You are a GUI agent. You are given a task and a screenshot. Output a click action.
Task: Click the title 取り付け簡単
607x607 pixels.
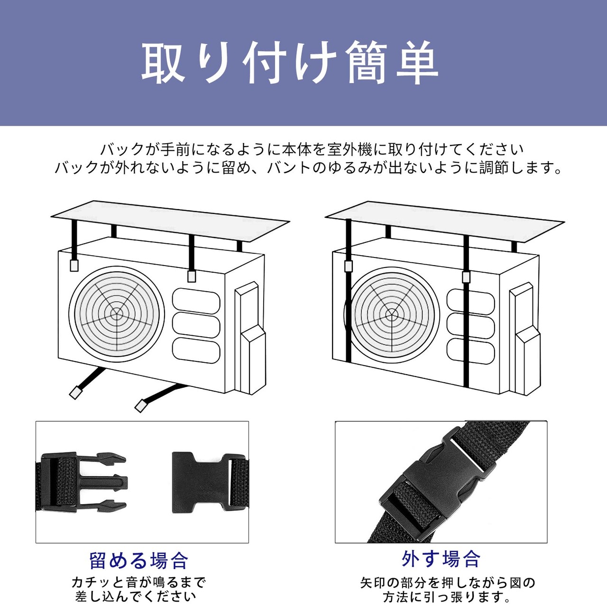pos(289,63)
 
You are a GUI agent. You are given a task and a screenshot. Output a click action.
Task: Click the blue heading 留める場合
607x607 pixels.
pos(138,561)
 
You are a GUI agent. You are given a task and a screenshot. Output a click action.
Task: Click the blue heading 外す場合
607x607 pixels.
pos(441,559)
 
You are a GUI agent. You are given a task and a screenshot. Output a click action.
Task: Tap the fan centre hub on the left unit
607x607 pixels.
pos(116,313)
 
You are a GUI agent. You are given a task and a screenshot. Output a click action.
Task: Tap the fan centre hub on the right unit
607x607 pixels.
pos(391,313)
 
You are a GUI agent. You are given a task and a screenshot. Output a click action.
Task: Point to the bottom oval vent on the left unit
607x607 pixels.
pos(196,351)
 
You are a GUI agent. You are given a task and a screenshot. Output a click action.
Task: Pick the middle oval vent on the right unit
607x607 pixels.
pos(470,326)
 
